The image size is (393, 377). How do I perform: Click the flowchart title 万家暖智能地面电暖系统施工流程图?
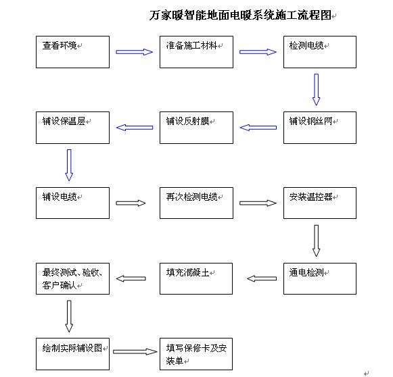[x=240, y=15]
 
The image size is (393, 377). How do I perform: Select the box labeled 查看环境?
[x=72, y=52]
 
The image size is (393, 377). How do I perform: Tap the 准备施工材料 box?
[x=196, y=52]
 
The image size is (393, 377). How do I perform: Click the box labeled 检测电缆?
[x=319, y=52]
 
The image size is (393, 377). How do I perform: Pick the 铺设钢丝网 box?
[x=319, y=127]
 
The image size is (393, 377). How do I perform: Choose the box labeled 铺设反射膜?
[x=196, y=127]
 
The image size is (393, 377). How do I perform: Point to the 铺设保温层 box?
[x=72, y=127]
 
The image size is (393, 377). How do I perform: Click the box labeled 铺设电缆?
[x=72, y=203]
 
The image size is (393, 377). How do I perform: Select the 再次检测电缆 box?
[x=196, y=203]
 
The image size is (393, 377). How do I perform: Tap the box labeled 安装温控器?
[x=319, y=203]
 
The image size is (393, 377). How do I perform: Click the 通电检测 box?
[x=319, y=278]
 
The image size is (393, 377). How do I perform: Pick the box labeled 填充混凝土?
[x=196, y=278]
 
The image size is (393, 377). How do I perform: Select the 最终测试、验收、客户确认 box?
[x=72, y=278]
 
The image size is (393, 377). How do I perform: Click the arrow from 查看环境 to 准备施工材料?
[x=134, y=51]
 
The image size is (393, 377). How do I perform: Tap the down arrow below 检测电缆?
[x=316, y=89]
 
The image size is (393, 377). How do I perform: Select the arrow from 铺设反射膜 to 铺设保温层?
[x=135, y=127]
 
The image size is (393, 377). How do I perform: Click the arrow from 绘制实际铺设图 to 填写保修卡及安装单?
[x=134, y=352]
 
